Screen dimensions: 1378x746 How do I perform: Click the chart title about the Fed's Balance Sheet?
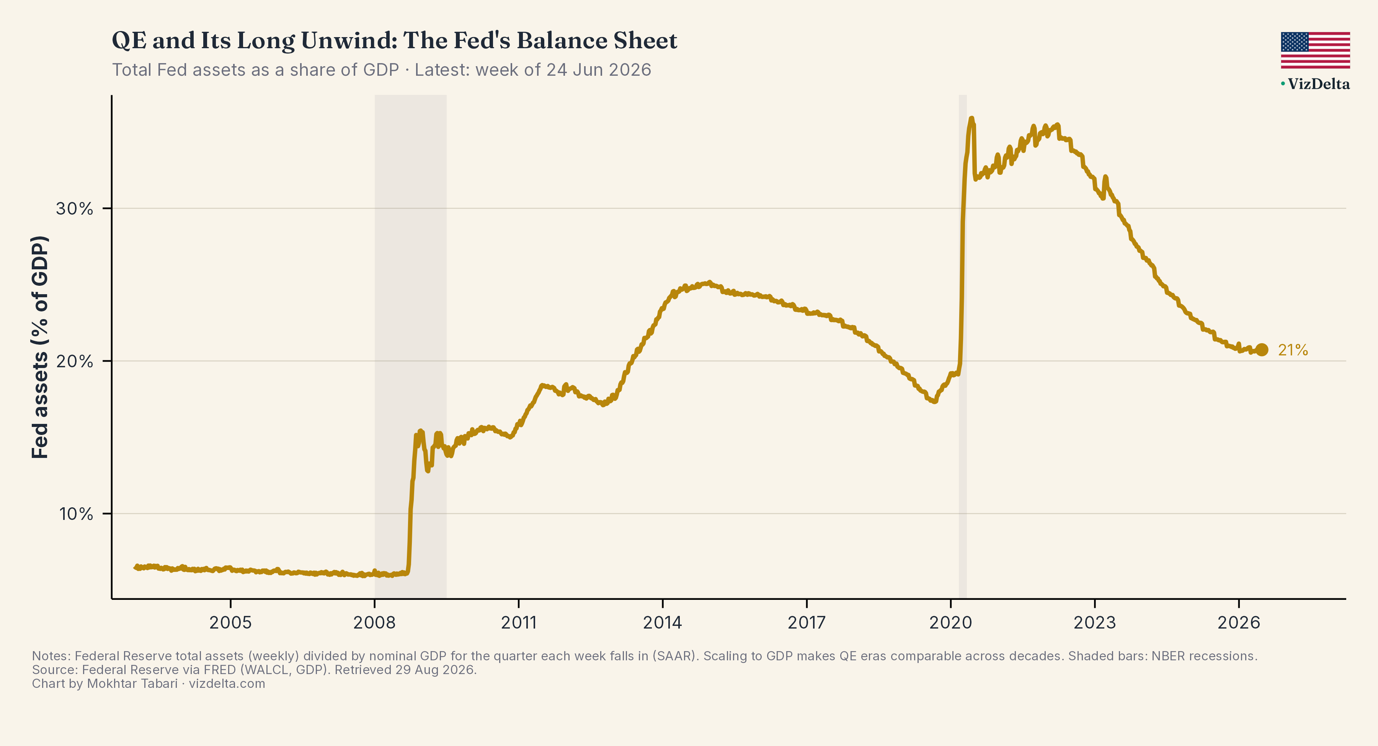tap(394, 41)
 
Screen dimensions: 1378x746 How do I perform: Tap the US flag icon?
tap(1315, 50)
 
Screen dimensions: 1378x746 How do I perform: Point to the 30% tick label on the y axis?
tap(74, 208)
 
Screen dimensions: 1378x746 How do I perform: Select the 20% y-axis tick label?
tap(74, 362)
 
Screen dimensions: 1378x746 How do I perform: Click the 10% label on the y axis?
tap(76, 514)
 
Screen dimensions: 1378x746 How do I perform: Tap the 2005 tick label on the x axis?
tap(230, 622)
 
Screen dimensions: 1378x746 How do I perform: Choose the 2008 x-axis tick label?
tap(374, 622)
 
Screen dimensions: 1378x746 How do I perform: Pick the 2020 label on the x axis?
tap(950, 622)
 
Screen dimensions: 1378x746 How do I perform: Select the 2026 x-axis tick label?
tap(1239, 622)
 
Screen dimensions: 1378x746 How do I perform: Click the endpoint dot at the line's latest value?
tap(1261, 350)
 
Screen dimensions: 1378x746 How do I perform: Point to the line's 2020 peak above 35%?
tap(971, 118)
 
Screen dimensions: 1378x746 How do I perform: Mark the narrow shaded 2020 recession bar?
tap(962, 347)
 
